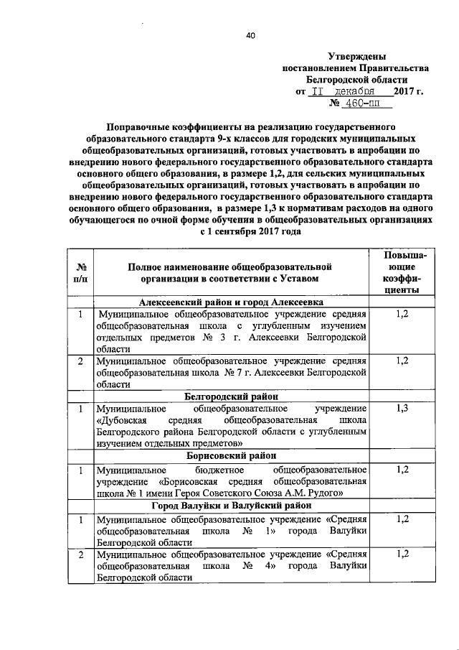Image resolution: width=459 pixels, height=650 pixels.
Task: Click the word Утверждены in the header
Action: (x=356, y=56)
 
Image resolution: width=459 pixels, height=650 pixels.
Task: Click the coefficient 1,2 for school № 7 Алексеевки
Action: (x=402, y=360)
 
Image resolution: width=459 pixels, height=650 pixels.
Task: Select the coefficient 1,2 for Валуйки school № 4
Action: (x=402, y=554)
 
